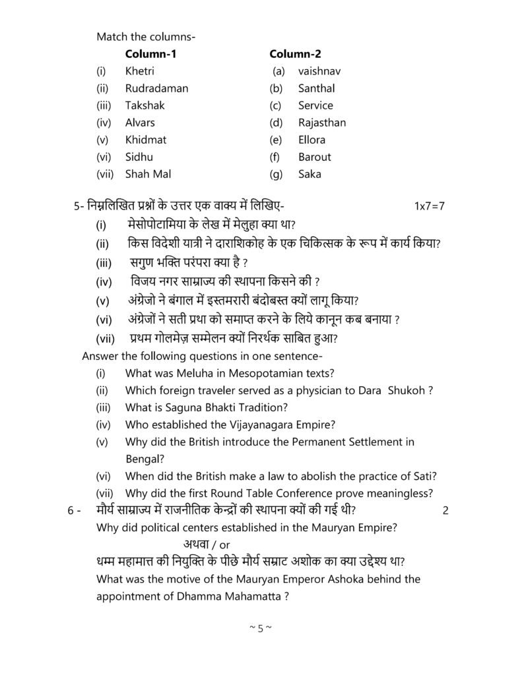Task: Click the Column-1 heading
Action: [151, 54]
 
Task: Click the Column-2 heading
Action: [296, 54]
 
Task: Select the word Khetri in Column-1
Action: [139, 71]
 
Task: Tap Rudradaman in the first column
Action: [156, 88]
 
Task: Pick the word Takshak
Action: [145, 105]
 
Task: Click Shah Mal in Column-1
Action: [148, 174]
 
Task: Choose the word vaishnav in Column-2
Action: [319, 71]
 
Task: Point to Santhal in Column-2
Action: [316, 88]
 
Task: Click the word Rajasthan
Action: [321, 123]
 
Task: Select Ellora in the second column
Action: [311, 140]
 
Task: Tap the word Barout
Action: [314, 157]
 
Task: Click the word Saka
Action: [310, 174]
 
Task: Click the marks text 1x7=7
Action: [430, 206]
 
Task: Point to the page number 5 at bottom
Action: [261, 628]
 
